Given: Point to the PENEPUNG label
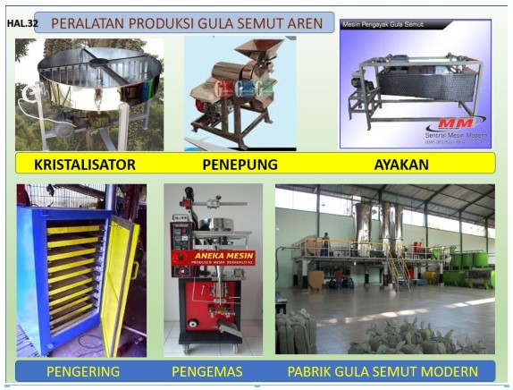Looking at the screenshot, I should [x=240, y=165].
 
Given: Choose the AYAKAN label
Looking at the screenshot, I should [x=401, y=165].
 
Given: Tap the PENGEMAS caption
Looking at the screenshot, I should [x=207, y=370].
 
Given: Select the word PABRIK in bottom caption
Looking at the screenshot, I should [x=314, y=370].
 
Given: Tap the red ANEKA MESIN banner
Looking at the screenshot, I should [x=213, y=258].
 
